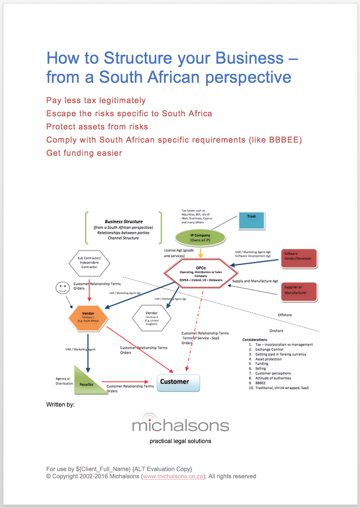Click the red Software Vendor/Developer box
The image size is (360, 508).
coord(299,258)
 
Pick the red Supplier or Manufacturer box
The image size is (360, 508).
coord(299,292)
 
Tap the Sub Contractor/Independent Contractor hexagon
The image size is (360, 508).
coord(89,263)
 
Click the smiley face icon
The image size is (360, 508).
coord(62,288)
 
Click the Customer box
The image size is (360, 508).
coord(178,382)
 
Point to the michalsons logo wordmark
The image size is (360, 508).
coord(180,424)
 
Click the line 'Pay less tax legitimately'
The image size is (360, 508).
coord(96,101)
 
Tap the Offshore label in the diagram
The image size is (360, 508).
coord(285,315)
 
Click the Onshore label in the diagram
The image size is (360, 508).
coord(276,331)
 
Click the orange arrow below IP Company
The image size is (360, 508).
coord(200,253)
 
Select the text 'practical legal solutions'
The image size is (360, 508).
coord(180,441)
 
